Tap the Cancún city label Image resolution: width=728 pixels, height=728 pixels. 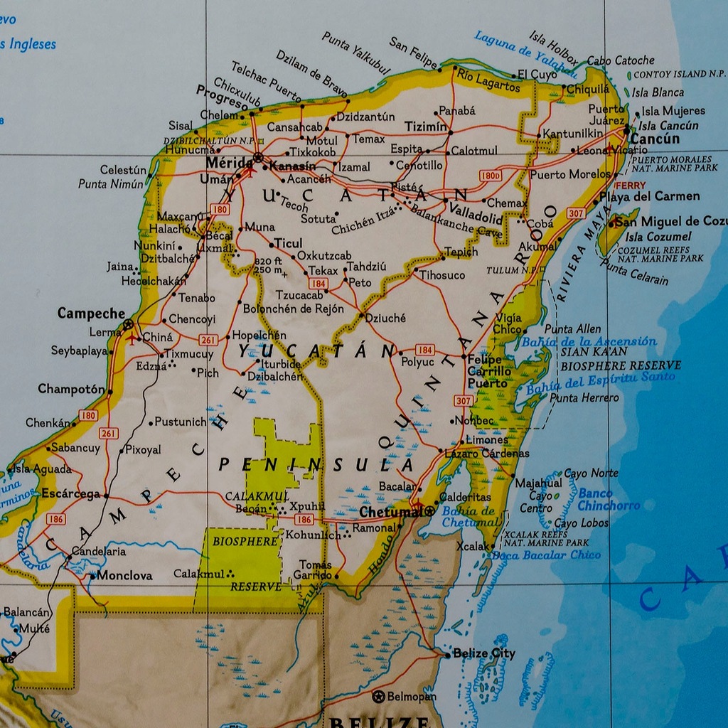coord(655,139)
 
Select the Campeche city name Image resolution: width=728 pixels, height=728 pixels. coord(91,314)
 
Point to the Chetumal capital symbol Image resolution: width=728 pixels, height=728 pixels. coord(429,511)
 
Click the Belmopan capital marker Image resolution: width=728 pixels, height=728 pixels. coord(378,697)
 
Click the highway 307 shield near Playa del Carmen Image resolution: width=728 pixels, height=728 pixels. coord(577,213)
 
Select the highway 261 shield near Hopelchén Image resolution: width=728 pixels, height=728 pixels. coord(208,339)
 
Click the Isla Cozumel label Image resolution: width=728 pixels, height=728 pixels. coord(658,236)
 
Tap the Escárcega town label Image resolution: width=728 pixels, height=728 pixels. coord(70,493)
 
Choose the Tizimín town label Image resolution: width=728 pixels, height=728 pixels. coord(426,127)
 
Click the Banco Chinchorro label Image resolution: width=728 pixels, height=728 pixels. coord(608,499)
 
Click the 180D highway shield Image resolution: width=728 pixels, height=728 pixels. coord(491,175)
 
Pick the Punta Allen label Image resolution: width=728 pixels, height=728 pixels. coord(572,329)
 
